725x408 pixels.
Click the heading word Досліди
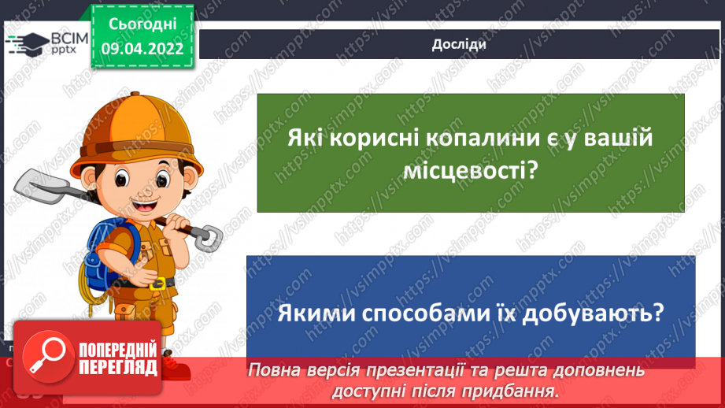458,44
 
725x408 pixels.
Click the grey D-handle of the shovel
208,236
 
